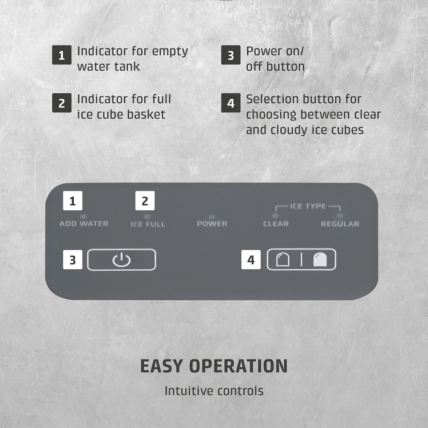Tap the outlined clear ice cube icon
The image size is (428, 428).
point(282,260)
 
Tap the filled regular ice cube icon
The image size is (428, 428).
point(320,260)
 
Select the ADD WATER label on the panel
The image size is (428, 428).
point(84,224)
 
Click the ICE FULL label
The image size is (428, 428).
point(148,224)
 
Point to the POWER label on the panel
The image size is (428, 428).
point(212,224)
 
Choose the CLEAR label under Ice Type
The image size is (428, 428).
point(276,224)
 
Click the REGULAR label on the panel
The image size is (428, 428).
point(340,224)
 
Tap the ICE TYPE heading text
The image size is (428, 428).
point(308,206)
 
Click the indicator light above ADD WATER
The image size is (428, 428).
point(83,216)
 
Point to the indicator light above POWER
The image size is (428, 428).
point(212,216)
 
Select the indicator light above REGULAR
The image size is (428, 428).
point(340,216)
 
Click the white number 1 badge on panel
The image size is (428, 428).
point(73,201)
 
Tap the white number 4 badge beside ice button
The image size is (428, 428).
point(251,260)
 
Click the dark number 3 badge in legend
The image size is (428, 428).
point(231,55)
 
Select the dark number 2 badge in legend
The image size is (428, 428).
point(62,103)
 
